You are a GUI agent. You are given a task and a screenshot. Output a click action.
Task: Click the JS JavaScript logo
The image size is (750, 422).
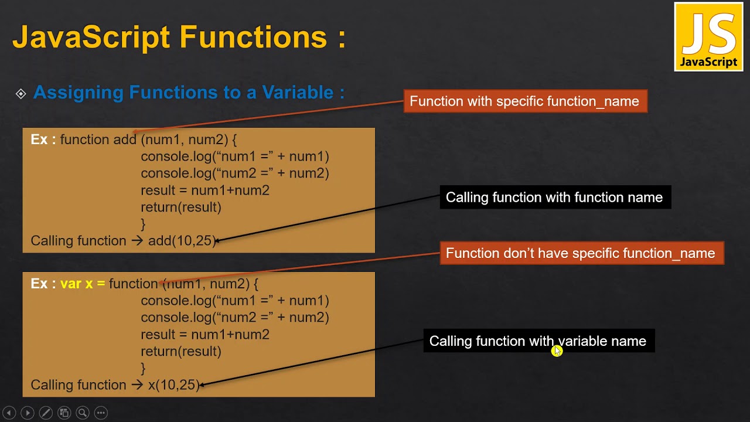pos(708,37)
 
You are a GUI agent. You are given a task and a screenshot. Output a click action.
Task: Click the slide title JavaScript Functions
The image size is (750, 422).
pos(179,36)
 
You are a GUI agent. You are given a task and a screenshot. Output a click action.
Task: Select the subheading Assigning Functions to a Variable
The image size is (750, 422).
pos(189,92)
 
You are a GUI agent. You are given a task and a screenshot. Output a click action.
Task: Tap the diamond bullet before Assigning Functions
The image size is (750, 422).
pos(21,94)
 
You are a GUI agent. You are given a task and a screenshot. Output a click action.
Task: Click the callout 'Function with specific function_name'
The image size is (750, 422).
pos(524,101)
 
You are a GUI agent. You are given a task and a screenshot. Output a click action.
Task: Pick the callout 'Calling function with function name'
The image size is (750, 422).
pos(554,198)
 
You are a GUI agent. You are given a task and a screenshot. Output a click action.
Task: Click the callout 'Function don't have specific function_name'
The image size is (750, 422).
pos(581,253)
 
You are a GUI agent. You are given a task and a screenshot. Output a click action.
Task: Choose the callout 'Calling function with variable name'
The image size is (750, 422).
pos(538,341)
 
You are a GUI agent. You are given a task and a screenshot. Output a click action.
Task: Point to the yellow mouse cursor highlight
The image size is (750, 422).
pos(557,350)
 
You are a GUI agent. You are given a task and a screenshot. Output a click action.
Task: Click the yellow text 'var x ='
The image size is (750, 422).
pos(83,284)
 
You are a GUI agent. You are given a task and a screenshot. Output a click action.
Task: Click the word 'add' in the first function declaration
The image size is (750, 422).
pos(124,139)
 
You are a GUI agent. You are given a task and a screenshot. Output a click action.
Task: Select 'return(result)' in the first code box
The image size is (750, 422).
pos(181,207)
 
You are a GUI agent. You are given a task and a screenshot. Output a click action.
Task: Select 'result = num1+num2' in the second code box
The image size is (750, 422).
pos(205,335)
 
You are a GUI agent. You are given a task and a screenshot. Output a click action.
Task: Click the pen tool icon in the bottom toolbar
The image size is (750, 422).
pos(46,413)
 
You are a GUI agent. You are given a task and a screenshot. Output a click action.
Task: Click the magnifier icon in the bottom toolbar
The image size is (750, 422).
pos(83,413)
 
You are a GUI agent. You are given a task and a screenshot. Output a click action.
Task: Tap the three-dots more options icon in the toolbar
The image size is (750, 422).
pos(101,413)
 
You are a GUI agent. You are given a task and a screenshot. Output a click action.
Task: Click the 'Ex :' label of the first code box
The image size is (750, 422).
pos(43,139)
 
